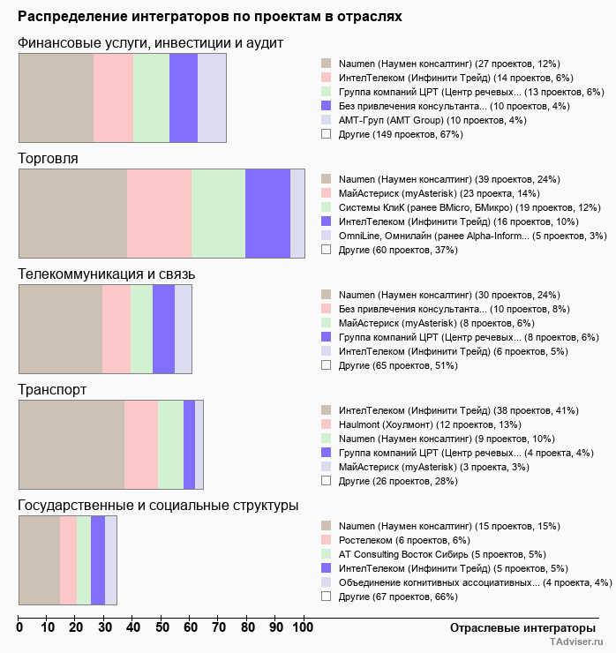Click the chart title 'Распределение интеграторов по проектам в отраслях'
pyautogui.click(x=210, y=17)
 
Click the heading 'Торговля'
pyautogui.click(x=49, y=158)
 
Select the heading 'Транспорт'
pyautogui.click(x=52, y=389)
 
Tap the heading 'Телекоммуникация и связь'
pyautogui.click(x=107, y=274)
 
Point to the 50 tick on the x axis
pyautogui.click(x=162, y=627)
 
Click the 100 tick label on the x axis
pyautogui.click(x=303, y=627)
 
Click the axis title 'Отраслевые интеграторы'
pyautogui.click(x=517, y=627)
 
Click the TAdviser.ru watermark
pyautogui.click(x=577, y=642)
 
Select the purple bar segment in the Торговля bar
pyautogui.click(x=267, y=213)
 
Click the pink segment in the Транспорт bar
pyautogui.click(x=141, y=444)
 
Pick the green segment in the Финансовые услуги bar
pyautogui.click(x=151, y=97)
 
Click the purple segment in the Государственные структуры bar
pyautogui.click(x=98, y=560)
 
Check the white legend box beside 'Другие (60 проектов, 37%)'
pyautogui.click(x=326, y=250)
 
